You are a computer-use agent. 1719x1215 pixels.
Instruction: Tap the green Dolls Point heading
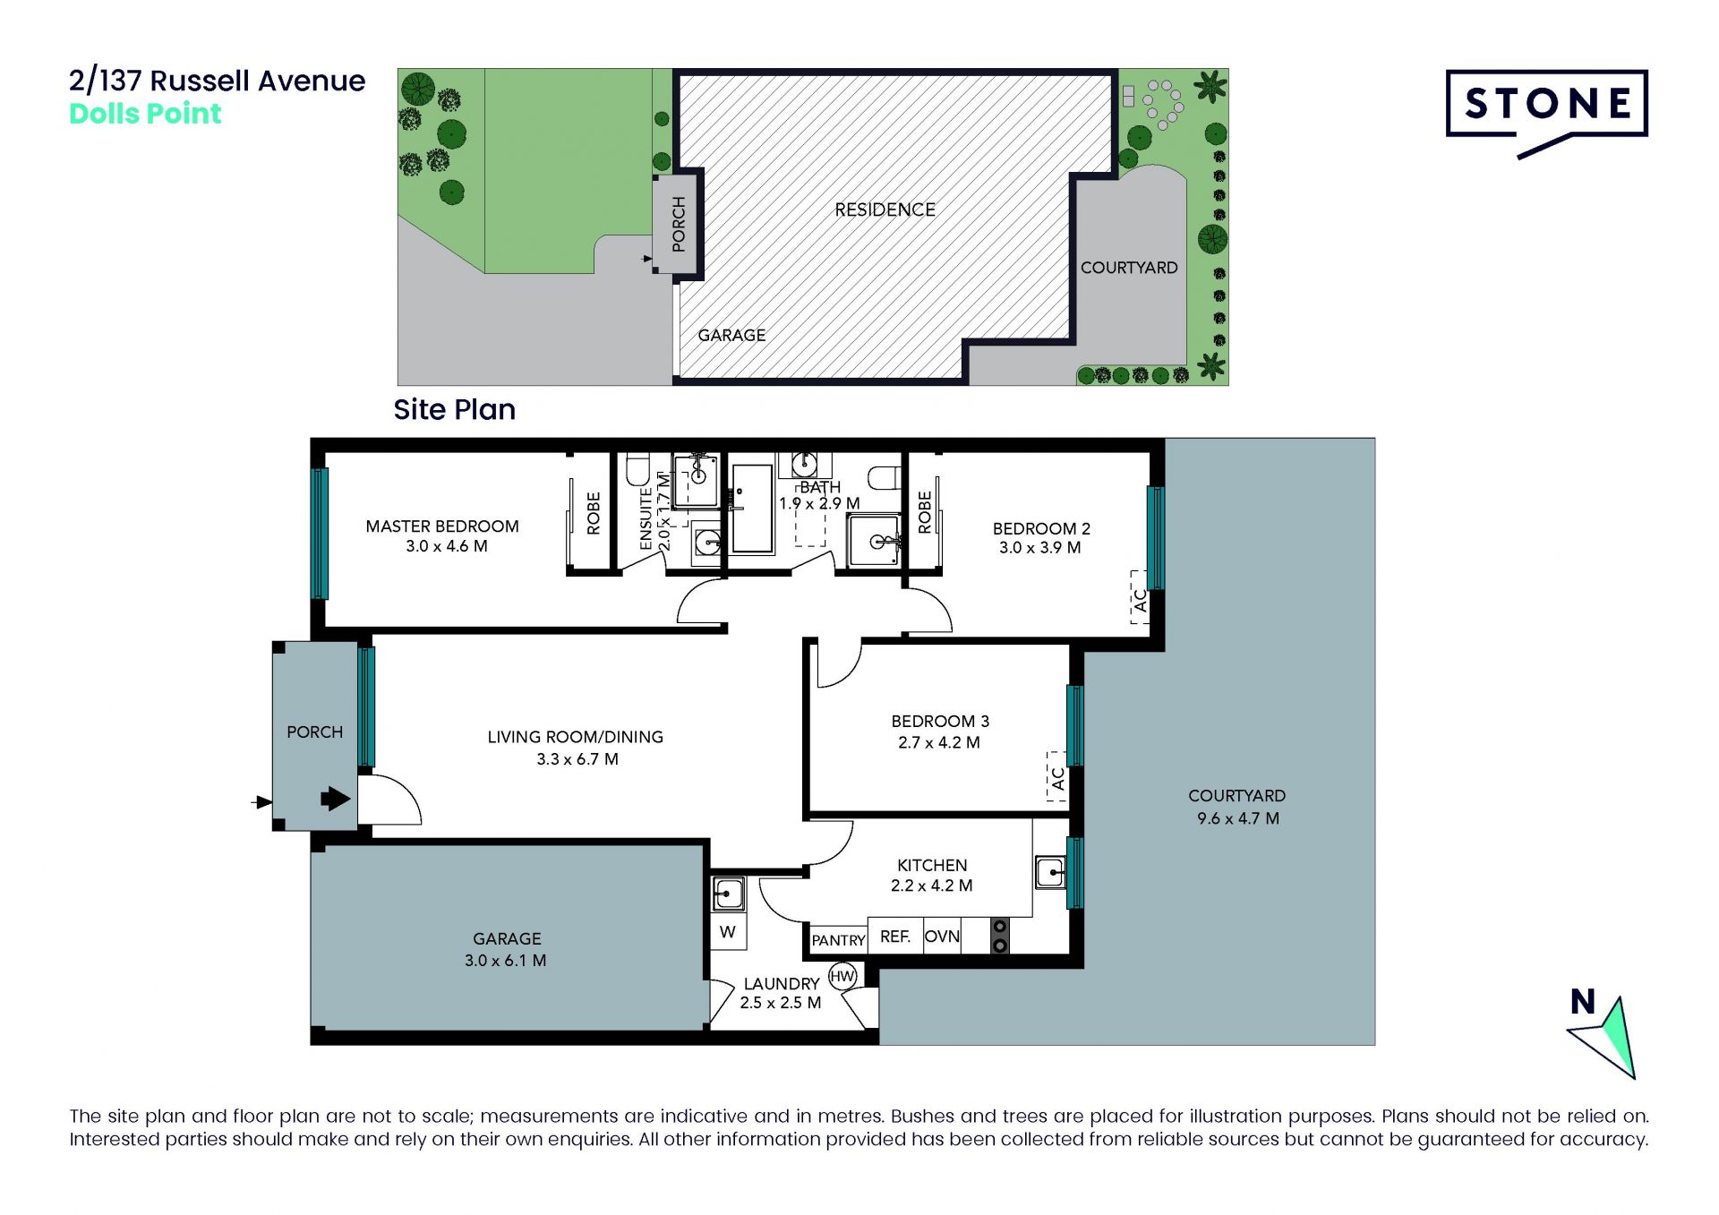(x=145, y=114)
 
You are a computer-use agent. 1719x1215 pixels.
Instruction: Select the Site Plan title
(x=455, y=409)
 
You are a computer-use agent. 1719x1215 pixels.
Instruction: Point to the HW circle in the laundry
(x=842, y=976)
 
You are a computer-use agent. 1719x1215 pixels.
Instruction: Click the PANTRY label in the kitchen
(x=838, y=940)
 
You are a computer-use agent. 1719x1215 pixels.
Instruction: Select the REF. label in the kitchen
(x=895, y=937)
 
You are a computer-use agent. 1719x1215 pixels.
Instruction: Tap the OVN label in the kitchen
(x=942, y=937)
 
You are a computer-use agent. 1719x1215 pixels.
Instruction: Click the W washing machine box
(x=728, y=932)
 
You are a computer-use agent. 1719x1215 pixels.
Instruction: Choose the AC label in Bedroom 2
(x=1140, y=600)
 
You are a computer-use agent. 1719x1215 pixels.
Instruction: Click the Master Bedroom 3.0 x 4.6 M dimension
(x=447, y=546)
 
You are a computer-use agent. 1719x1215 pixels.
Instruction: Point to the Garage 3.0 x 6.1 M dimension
(x=505, y=961)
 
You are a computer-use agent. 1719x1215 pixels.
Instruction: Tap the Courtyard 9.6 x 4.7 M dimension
(x=1238, y=818)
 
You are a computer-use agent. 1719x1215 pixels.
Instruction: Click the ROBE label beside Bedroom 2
(x=925, y=512)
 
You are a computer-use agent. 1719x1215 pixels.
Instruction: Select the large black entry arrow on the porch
(x=336, y=798)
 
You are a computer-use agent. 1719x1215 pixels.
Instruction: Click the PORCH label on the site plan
(x=679, y=224)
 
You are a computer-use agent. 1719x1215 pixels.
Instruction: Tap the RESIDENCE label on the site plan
(x=885, y=210)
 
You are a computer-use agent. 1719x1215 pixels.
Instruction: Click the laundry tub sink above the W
(x=728, y=894)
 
